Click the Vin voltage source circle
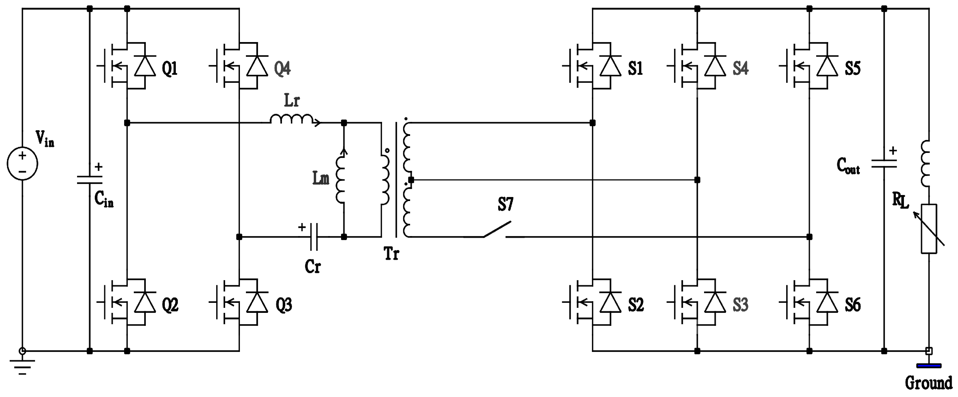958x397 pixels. click(x=22, y=163)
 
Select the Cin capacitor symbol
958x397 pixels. click(x=90, y=180)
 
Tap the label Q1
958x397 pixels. click(x=170, y=69)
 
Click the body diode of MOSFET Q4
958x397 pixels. click(x=257, y=66)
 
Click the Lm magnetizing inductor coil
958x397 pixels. click(x=340, y=180)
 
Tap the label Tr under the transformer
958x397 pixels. click(x=391, y=254)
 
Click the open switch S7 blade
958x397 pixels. click(x=497, y=229)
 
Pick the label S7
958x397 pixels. click(x=506, y=204)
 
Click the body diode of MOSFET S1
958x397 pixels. click(x=610, y=66)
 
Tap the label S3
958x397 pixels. click(x=740, y=305)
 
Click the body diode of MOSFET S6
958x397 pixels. click(x=827, y=303)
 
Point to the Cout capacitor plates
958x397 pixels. click(x=884, y=164)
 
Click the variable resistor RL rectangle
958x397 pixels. click(x=929, y=229)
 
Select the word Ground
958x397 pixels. click(x=929, y=383)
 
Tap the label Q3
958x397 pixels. click(x=283, y=305)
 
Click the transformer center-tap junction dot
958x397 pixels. click(x=411, y=180)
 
